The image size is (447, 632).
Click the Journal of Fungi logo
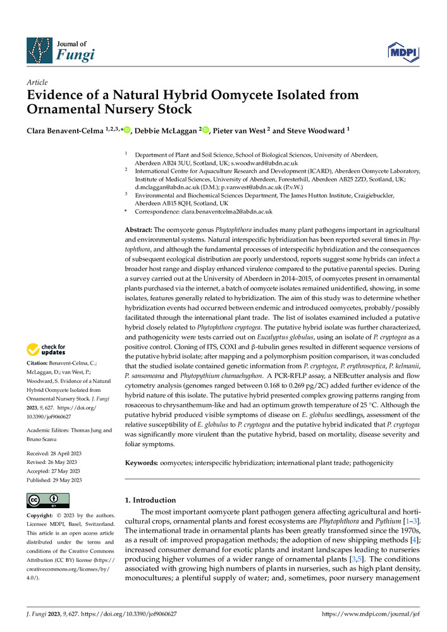pos(60,51)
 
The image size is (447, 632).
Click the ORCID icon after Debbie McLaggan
pos(205,130)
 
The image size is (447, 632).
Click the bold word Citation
pos(38,364)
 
